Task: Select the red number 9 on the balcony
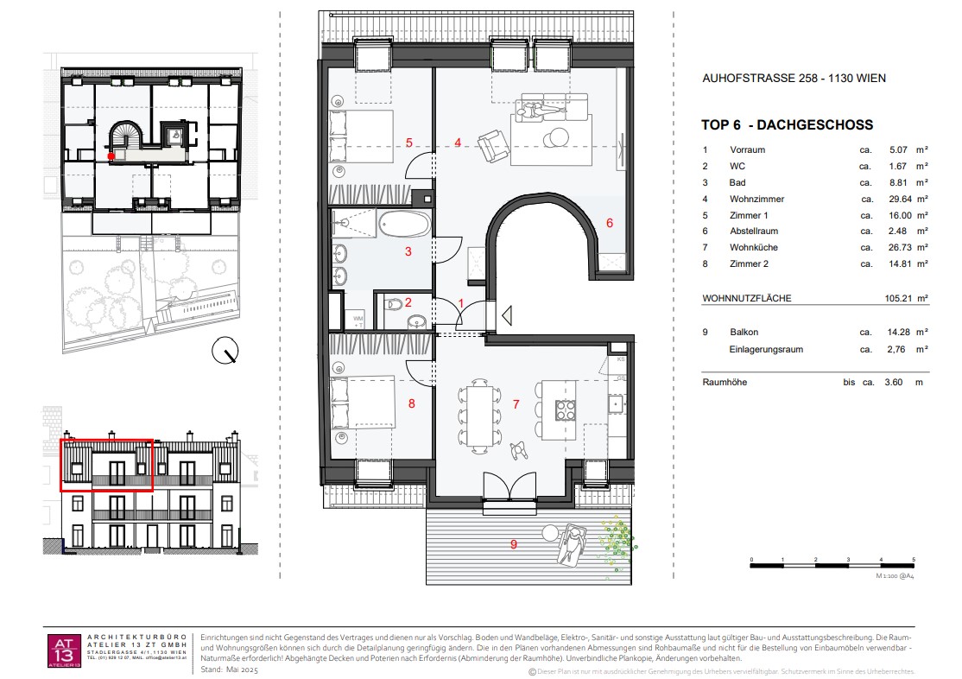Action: [513, 544]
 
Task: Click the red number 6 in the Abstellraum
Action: [609, 223]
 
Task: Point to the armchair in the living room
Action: [493, 144]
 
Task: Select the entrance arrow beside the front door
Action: [507, 316]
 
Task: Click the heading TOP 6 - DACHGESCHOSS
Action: [787, 125]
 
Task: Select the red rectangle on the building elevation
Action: [106, 466]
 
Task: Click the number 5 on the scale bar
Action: [914, 560]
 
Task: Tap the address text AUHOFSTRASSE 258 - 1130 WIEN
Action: [794, 79]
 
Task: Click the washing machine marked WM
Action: [358, 319]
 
